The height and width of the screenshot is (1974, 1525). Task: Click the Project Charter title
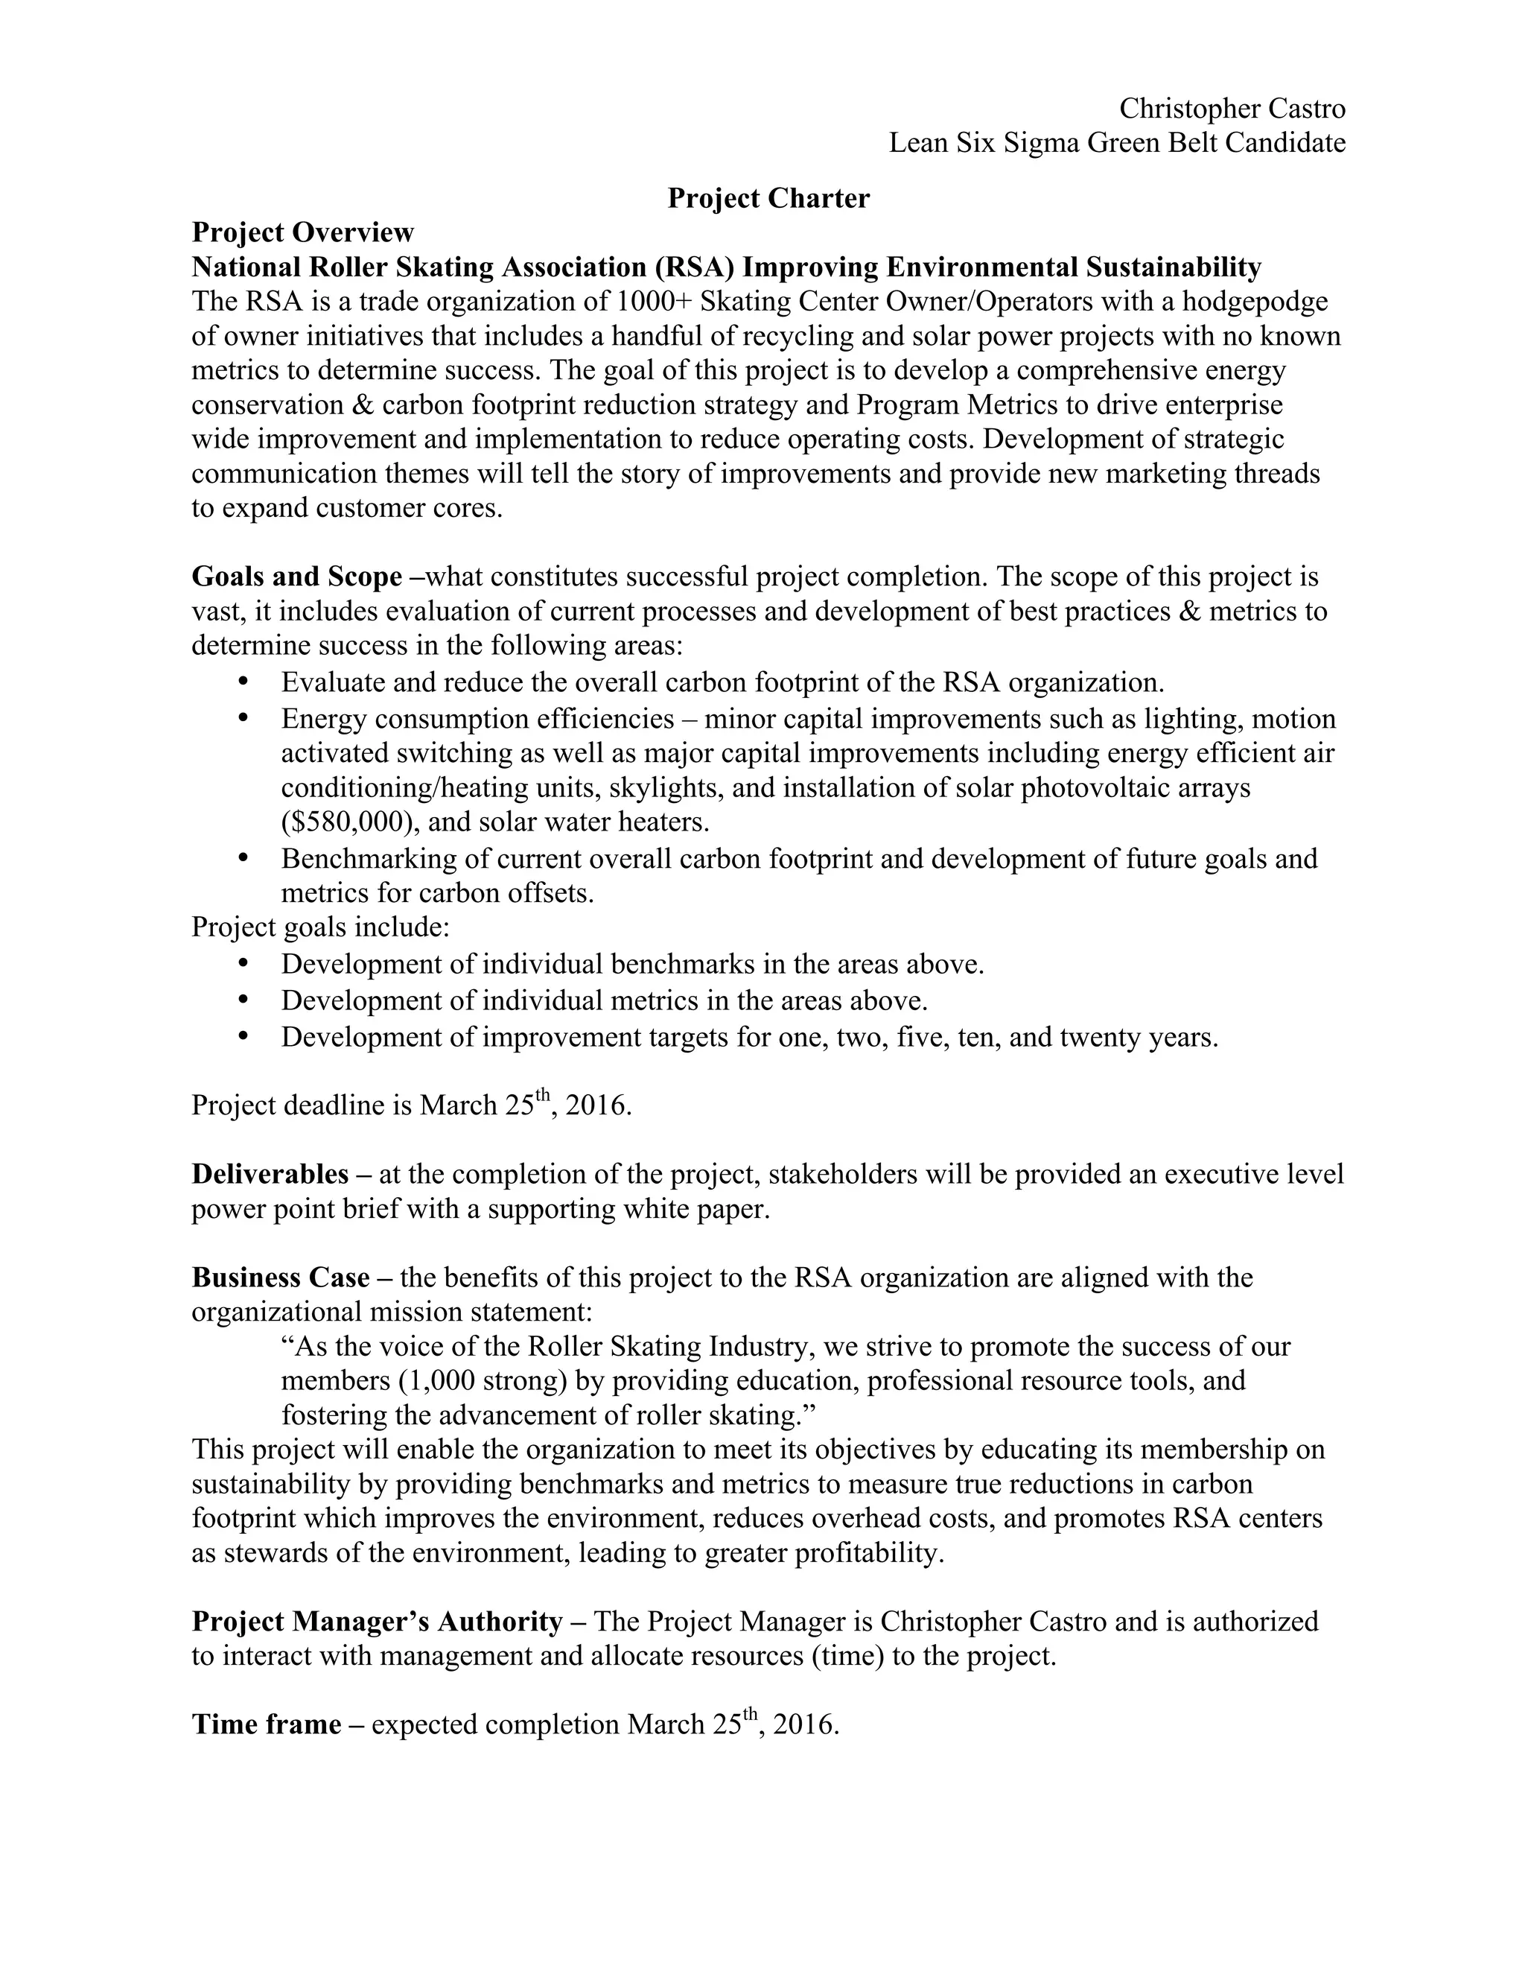768,199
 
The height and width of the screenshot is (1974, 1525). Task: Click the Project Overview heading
302,233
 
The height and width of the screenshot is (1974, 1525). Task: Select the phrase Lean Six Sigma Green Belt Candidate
1117,143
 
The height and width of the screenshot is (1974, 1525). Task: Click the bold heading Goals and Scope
296,577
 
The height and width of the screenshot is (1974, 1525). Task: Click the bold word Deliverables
270,1174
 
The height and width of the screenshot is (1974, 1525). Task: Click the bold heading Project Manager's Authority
377,1622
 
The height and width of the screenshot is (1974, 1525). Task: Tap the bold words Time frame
267,1724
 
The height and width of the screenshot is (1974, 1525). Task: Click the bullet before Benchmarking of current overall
242,857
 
